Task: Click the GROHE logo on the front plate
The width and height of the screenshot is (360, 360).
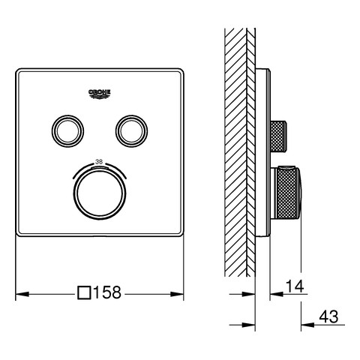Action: (x=100, y=94)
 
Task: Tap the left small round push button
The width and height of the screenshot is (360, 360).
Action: (x=67, y=131)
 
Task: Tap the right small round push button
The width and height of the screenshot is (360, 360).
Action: (x=131, y=131)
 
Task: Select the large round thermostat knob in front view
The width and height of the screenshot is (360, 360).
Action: (x=100, y=193)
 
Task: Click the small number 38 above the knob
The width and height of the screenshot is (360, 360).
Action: (x=99, y=162)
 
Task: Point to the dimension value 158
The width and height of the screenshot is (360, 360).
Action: (x=107, y=292)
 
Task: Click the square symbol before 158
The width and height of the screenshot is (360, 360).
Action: (x=84, y=292)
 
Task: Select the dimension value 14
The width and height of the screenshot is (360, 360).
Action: (x=295, y=286)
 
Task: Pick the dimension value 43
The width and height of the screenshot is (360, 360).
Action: (x=328, y=316)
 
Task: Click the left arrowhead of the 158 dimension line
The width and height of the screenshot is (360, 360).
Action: (x=22, y=294)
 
